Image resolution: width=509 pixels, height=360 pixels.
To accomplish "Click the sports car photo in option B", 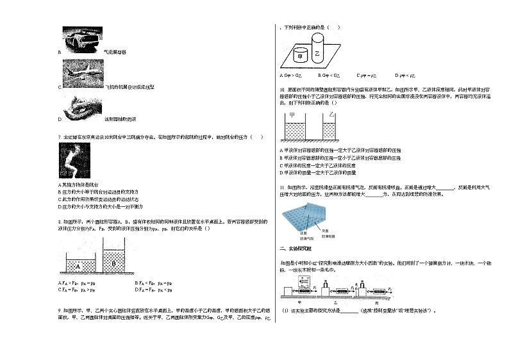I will pyautogui.click(x=81, y=38).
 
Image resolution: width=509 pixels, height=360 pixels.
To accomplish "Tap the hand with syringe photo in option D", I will pyautogui.click(x=81, y=107).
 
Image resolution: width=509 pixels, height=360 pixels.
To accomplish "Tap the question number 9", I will pyautogui.click(x=59, y=309).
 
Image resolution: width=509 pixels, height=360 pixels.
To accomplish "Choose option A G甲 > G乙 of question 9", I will pyautogui.click(x=292, y=75).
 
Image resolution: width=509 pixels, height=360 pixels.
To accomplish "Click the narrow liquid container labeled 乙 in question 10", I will pyautogui.click(x=330, y=128).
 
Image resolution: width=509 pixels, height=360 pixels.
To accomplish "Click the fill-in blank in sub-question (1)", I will pyautogui.click(x=349, y=311).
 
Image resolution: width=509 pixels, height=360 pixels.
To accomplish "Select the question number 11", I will pyautogui.click(x=282, y=188).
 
